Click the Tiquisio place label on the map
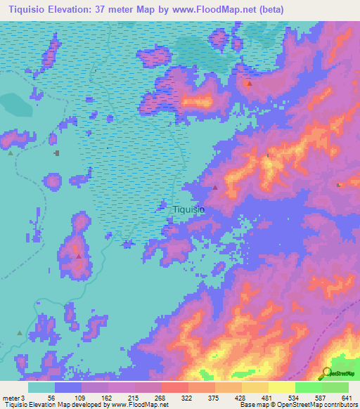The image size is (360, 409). point(188,209)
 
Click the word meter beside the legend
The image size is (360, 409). point(13,397)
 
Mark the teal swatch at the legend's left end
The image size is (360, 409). point(41,387)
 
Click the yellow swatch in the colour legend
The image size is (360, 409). point(281,387)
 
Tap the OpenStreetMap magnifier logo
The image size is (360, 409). point(328,372)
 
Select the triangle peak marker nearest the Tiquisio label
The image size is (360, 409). point(214,188)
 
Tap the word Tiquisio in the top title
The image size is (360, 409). point(25,10)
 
